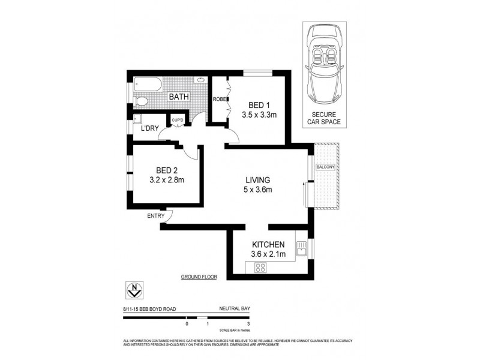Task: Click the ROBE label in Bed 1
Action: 218,100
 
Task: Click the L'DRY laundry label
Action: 149,129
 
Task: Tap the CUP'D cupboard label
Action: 178,121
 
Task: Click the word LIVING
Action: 257,179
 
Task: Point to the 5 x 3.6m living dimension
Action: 258,191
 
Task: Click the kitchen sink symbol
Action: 301,247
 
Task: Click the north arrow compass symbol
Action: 133,291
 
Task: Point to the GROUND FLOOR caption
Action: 199,277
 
